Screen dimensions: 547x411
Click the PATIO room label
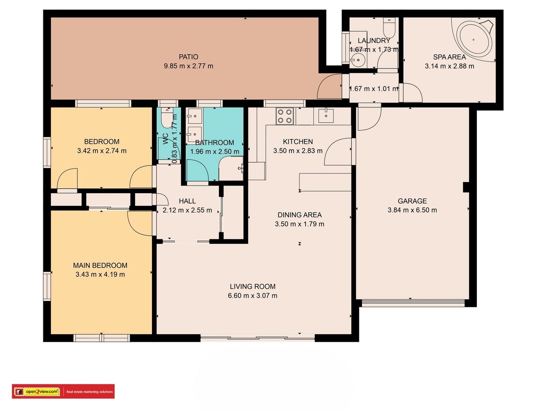point(189,57)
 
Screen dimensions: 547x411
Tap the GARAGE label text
point(412,201)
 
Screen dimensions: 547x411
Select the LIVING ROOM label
point(252,286)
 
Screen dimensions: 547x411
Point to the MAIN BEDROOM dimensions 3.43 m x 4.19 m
point(100,274)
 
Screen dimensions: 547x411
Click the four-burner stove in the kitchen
point(285,116)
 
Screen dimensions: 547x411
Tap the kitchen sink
point(326,116)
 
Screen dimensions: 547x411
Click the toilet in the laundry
point(388,27)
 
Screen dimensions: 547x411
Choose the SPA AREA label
point(449,57)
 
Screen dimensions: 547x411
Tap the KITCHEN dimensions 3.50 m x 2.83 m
point(298,151)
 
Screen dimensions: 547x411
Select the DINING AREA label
point(299,215)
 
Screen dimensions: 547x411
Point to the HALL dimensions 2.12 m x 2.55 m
point(187,210)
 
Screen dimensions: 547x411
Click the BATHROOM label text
point(215,143)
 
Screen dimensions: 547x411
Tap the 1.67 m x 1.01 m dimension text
point(374,89)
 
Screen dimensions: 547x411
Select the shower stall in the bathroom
point(231,169)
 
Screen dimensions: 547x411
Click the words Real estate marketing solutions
point(89,392)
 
